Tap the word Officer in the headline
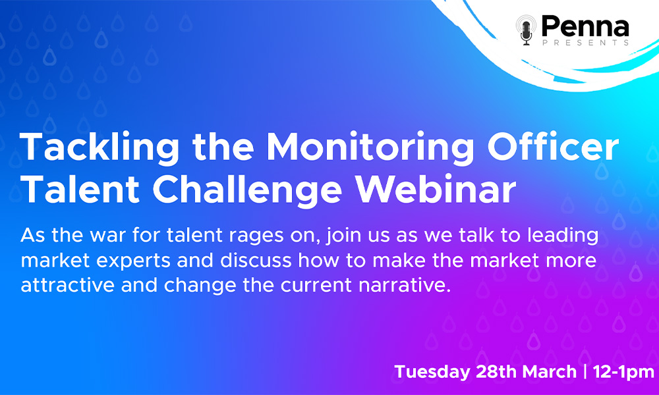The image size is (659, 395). click(x=553, y=147)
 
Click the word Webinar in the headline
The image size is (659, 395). click(x=436, y=188)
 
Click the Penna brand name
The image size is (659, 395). click(x=585, y=26)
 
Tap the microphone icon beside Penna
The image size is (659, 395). click(x=526, y=30)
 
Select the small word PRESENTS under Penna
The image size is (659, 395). click(x=585, y=42)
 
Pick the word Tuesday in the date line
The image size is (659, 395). click(x=432, y=373)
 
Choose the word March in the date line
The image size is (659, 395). click(x=550, y=372)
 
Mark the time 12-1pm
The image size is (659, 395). click(x=623, y=373)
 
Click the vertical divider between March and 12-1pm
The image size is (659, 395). click(x=585, y=372)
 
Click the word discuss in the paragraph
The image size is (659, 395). click(x=256, y=260)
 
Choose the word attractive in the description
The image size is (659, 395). click(x=67, y=286)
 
